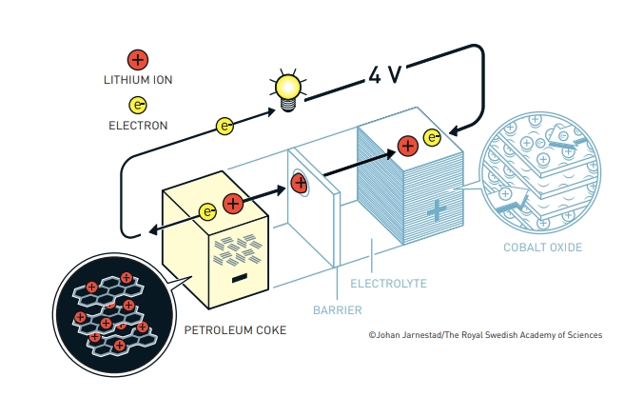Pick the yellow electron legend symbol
(138, 105)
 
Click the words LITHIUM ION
(138, 80)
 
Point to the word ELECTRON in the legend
(138, 125)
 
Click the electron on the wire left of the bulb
(225, 125)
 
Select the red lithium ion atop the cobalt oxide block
(407, 145)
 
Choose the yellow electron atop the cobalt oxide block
(433, 139)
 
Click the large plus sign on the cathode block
(436, 211)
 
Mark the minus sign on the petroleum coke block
(239, 277)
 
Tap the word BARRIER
(338, 309)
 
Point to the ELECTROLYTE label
(388, 284)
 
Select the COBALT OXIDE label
(542, 248)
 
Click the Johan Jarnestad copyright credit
(485, 335)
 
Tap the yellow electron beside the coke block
(207, 212)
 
